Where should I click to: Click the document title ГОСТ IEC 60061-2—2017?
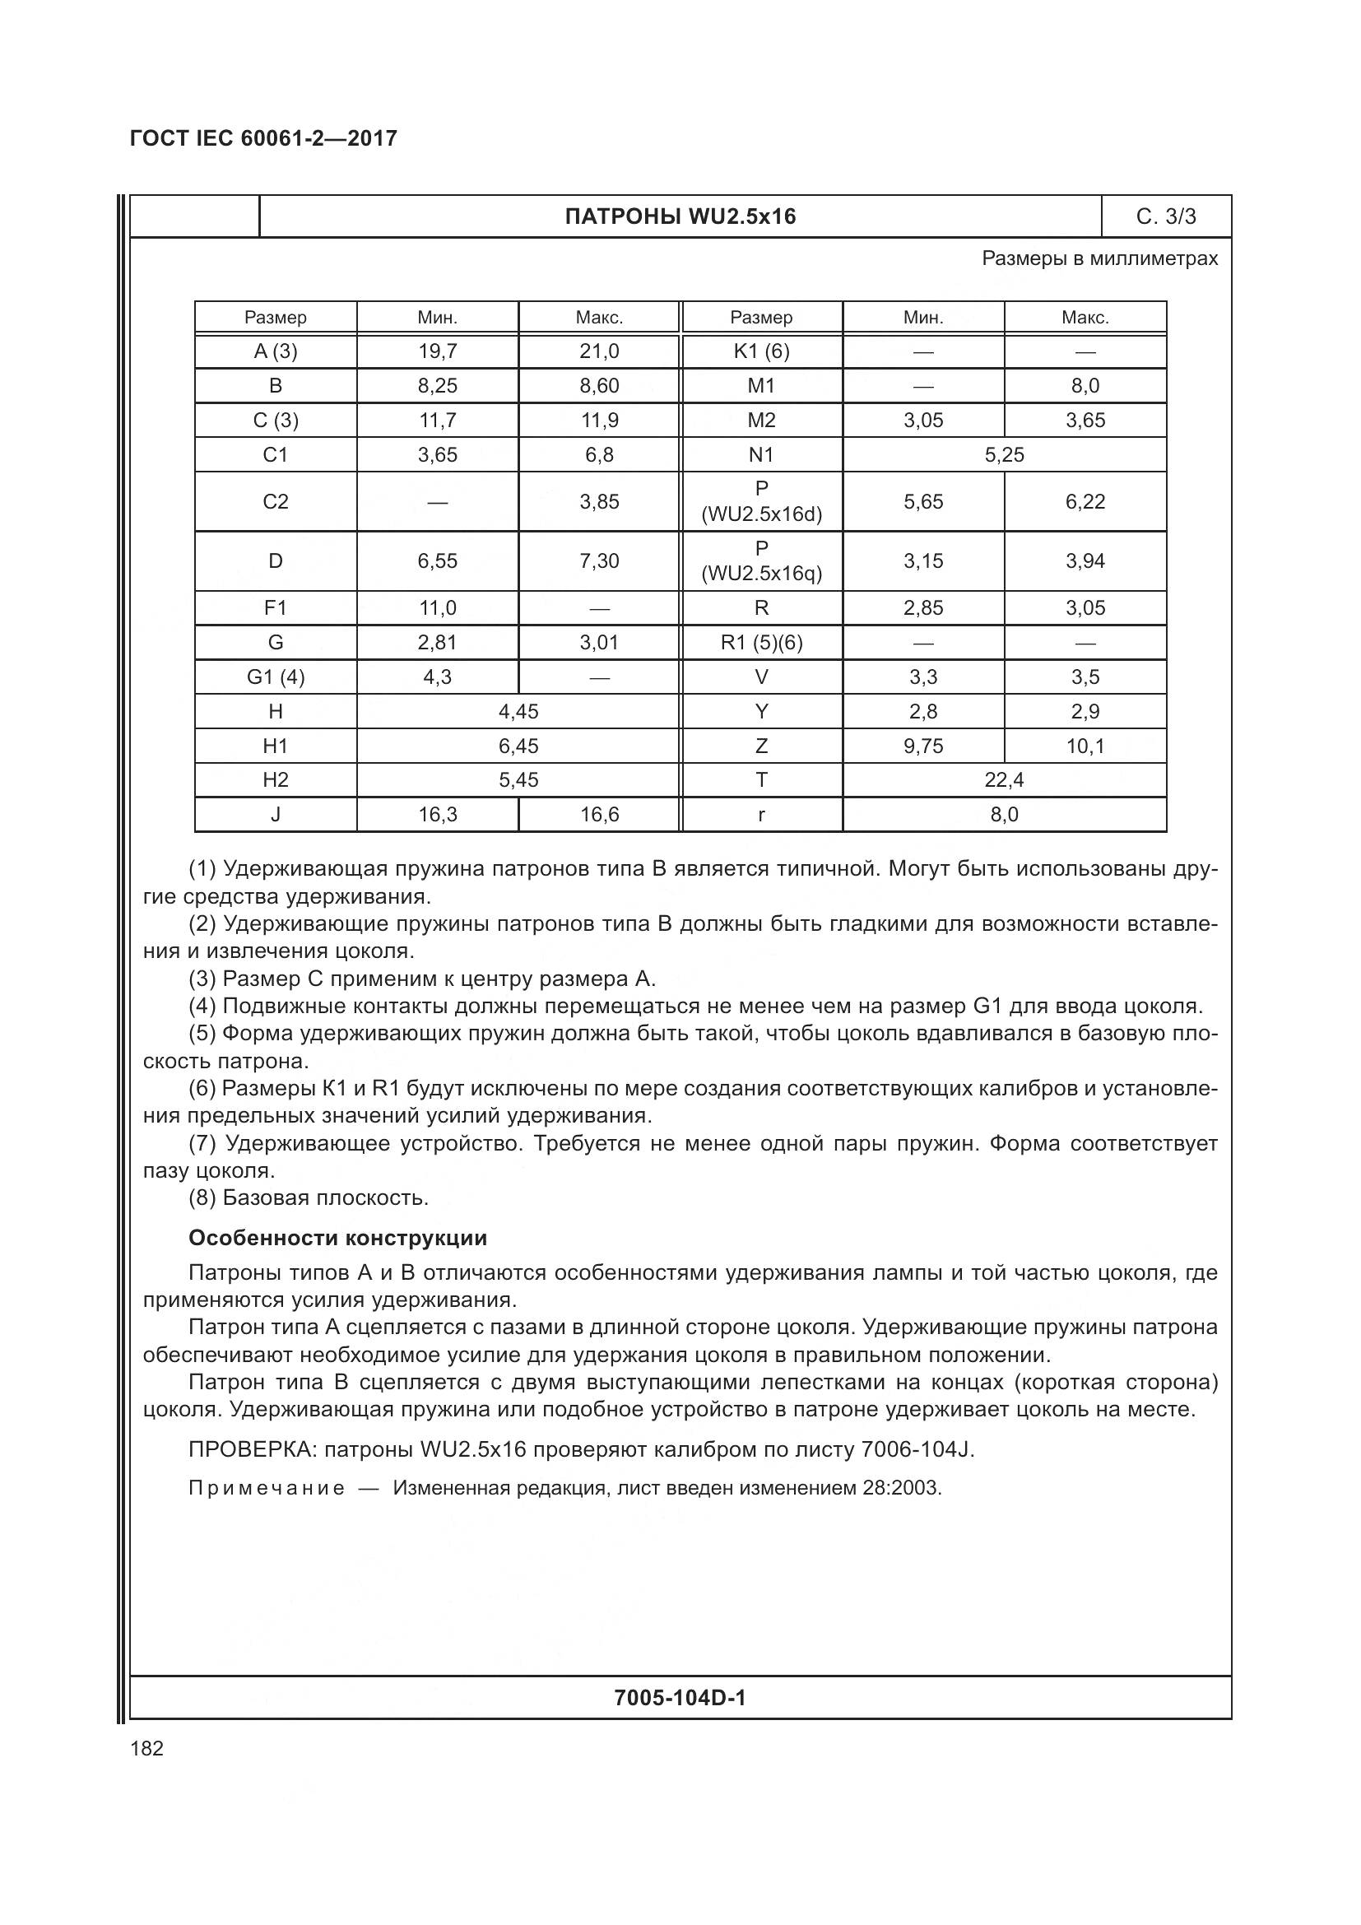click(263, 138)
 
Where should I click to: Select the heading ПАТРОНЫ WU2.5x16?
click(680, 217)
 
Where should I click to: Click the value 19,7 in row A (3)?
click(438, 351)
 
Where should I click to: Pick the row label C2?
click(276, 501)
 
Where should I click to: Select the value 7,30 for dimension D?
click(599, 561)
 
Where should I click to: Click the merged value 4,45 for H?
click(518, 712)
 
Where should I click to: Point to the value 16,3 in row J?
click(438, 815)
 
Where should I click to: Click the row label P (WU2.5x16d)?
click(761, 501)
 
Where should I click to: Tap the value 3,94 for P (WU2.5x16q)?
click(1085, 561)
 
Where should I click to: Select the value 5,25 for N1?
click(1004, 455)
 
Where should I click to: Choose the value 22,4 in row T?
click(1004, 780)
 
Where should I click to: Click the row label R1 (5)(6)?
click(761, 643)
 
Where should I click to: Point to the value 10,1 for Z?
click(1085, 746)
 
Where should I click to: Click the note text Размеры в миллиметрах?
click(1099, 259)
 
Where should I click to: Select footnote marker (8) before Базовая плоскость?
click(202, 1198)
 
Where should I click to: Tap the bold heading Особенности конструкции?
click(337, 1239)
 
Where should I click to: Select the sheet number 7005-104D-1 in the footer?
click(680, 1698)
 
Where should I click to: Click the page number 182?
click(147, 1749)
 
